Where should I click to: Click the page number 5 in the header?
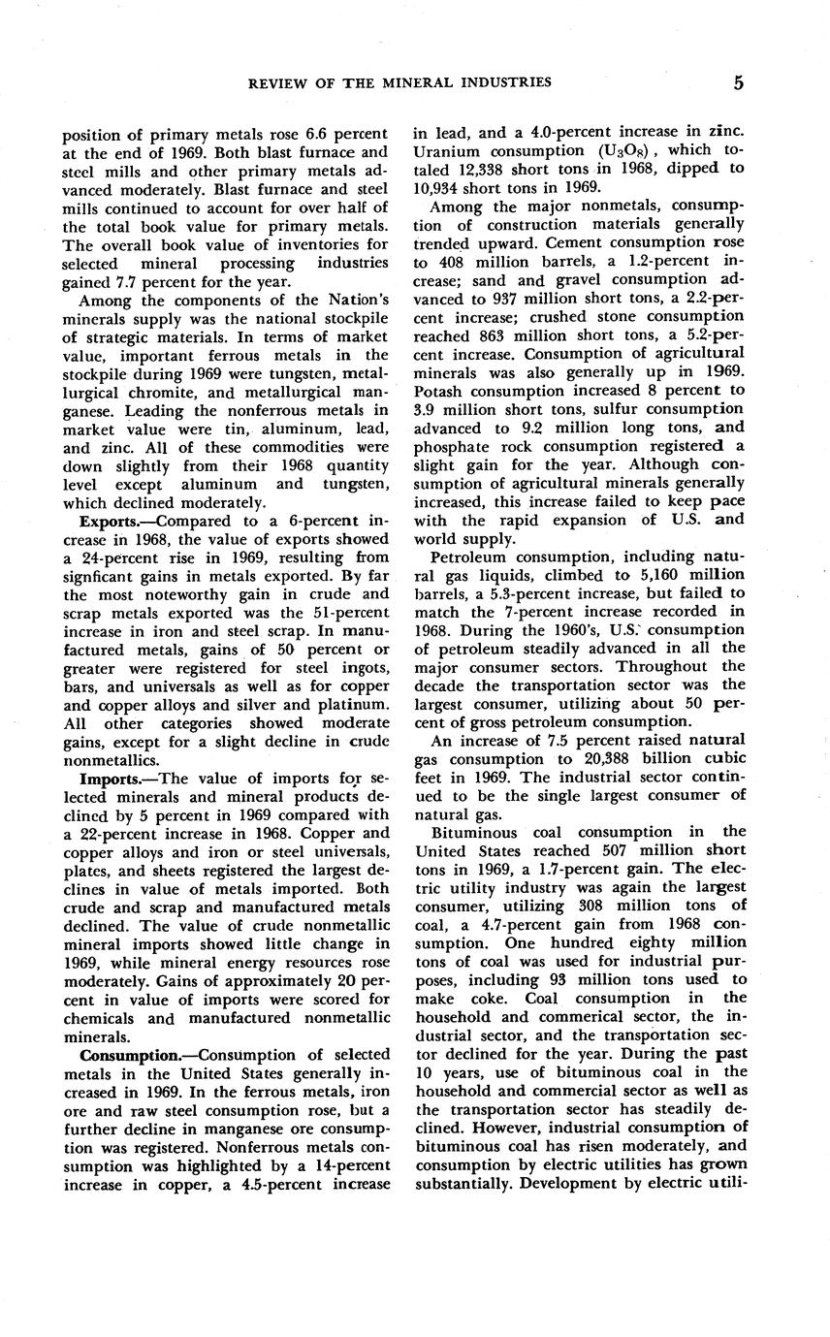pos(738,82)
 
